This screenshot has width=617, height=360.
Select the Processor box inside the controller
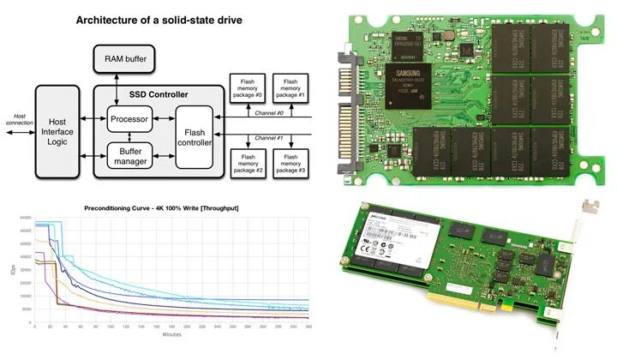129,119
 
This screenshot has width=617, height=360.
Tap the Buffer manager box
129,154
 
